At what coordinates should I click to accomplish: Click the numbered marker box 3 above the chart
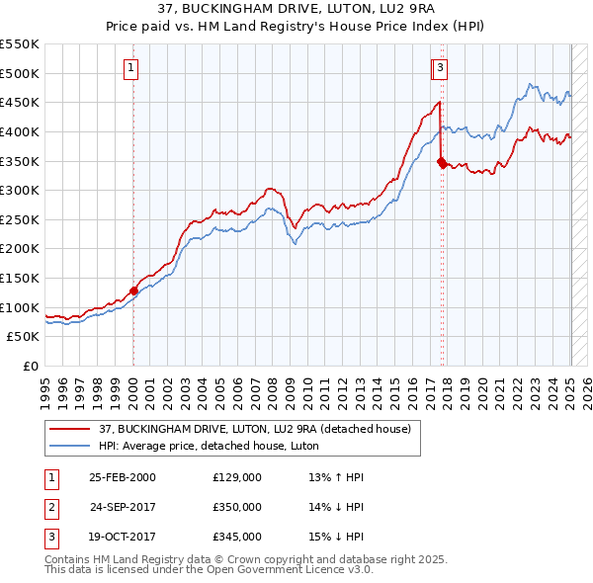coord(440,68)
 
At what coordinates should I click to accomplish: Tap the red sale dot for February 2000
coord(133,291)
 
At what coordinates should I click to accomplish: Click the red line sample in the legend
coord(71,429)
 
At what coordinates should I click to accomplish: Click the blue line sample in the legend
coord(71,446)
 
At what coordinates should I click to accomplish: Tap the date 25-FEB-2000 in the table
coord(123,477)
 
